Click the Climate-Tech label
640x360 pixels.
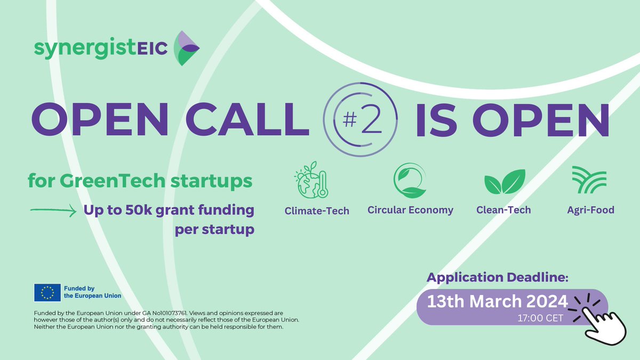[317, 211]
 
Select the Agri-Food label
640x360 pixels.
[590, 210]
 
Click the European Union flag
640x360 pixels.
[47, 292]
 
